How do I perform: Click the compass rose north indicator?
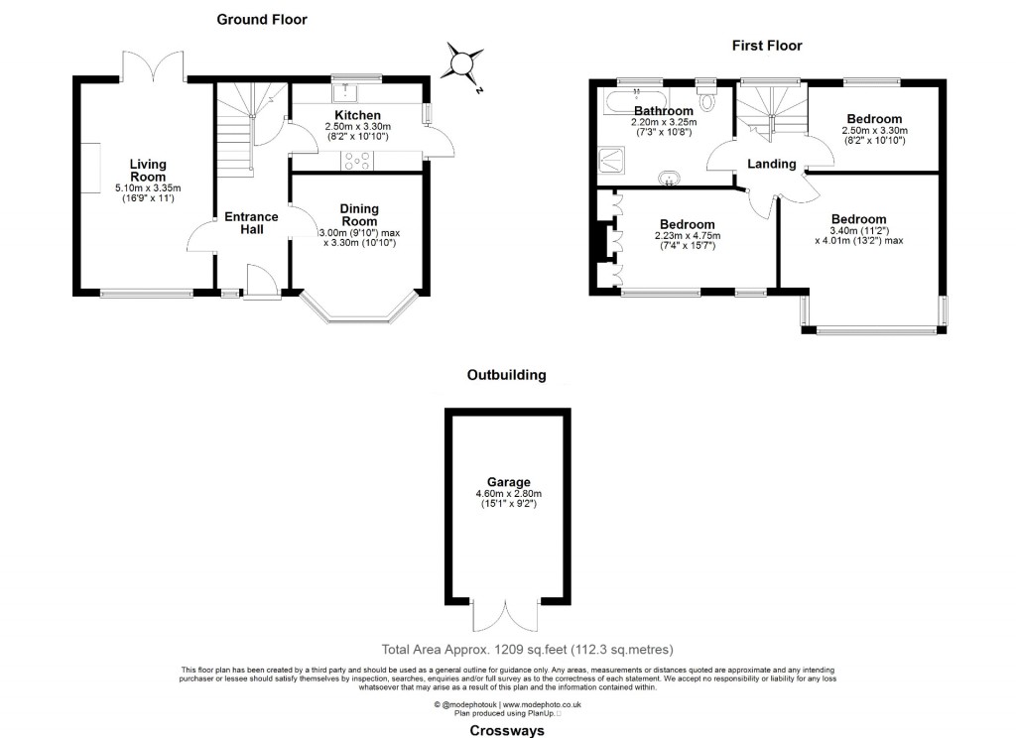463,61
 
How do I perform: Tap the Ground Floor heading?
262,19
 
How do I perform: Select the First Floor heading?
767,45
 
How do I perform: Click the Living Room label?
149,171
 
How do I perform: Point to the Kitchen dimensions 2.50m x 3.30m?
358,128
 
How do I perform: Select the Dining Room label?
358,215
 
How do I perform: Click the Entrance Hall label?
251,223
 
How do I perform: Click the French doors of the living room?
154,65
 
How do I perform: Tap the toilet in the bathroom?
707,98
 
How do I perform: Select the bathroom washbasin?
672,179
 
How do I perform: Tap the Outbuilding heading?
507,375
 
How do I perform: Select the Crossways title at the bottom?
507,729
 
